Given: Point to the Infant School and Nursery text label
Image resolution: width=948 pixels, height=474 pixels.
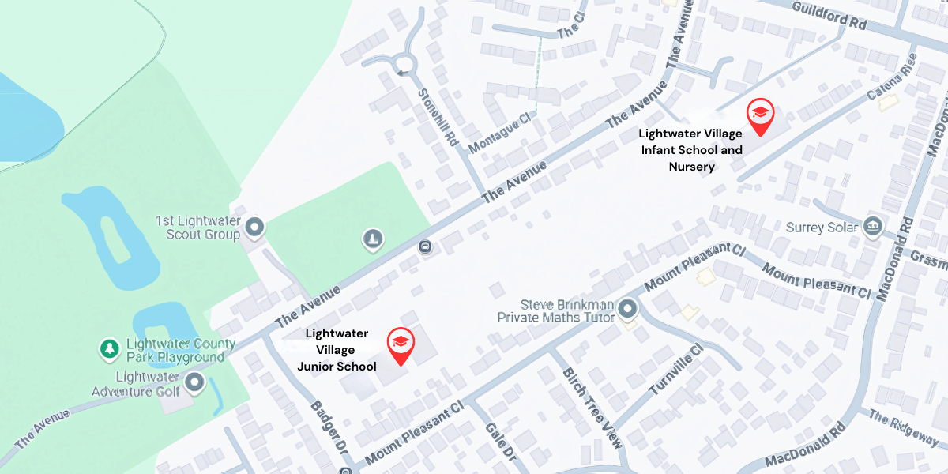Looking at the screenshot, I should coord(691,150).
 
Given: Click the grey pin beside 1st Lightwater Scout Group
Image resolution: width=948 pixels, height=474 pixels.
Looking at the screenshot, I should coord(254,228).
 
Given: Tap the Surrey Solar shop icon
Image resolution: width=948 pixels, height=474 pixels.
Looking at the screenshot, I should coord(872,227).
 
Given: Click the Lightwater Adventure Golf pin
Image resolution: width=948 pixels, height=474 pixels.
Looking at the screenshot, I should coord(194,384).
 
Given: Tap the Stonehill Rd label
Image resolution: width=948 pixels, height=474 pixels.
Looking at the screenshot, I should coord(440,118).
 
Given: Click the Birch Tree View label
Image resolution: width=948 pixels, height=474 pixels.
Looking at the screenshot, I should coord(591,407).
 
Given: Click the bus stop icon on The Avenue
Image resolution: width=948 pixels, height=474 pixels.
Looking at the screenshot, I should coord(427,247).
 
